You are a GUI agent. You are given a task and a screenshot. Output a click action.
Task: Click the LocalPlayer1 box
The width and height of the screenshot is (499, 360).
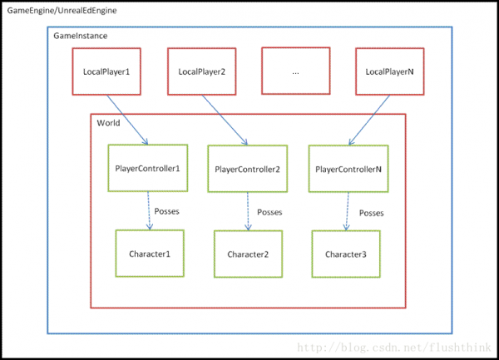point(106,72)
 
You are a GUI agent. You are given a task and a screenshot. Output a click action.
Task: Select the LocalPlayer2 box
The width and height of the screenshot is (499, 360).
point(202,72)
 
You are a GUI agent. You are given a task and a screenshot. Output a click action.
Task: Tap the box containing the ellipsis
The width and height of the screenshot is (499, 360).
point(295,71)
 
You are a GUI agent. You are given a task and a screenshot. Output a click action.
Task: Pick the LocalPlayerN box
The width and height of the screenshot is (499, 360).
point(390,72)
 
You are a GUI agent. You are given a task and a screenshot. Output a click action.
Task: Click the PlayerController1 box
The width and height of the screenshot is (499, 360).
point(148,168)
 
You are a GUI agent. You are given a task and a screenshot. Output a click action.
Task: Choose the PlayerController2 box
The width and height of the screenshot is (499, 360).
point(248,169)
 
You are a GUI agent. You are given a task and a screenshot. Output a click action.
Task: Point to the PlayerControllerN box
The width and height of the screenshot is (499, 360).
point(348,169)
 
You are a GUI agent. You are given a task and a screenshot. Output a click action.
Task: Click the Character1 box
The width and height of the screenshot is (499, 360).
point(150,254)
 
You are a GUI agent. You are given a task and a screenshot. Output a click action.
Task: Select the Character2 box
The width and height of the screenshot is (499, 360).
point(248,254)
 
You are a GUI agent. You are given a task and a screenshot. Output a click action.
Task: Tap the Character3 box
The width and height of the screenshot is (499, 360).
point(346,254)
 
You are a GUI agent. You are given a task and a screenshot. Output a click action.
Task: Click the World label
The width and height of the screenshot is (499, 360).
point(108,123)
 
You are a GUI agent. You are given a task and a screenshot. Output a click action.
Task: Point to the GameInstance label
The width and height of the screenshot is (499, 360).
point(80,36)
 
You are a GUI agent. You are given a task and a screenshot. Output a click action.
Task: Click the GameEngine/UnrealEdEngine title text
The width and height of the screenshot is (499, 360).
point(62,11)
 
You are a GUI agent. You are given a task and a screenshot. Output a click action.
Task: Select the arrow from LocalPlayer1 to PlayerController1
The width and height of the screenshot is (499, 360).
point(127,120)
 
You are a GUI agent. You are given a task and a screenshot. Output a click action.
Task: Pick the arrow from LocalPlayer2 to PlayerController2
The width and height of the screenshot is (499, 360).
point(225,121)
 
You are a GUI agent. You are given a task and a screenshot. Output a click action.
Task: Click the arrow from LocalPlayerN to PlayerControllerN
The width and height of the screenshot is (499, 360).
point(369,121)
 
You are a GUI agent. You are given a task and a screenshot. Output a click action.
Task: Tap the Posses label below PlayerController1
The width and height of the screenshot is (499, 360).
point(167,211)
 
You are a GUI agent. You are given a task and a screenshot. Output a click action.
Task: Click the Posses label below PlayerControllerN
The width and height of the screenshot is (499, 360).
point(372,213)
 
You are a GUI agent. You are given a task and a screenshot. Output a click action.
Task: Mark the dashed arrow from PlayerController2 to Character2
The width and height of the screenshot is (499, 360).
point(248,211)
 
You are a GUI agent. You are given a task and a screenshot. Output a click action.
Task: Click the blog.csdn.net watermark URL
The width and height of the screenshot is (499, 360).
point(394,348)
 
